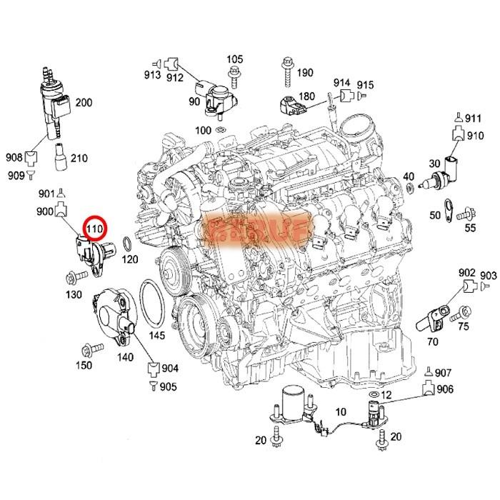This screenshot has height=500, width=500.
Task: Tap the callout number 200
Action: coord(84,103)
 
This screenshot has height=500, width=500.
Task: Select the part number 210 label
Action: coord(79,158)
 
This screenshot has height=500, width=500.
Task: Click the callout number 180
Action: coord(306,97)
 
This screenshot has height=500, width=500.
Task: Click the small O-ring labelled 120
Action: coord(126,245)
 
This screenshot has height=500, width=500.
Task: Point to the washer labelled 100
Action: coord(221,130)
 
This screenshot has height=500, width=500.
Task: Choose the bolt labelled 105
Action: coord(234,72)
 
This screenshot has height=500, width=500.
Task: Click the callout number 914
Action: coord(341,83)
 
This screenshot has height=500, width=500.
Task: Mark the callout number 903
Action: coord(489,275)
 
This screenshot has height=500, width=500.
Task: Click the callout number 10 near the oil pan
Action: coord(340,411)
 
